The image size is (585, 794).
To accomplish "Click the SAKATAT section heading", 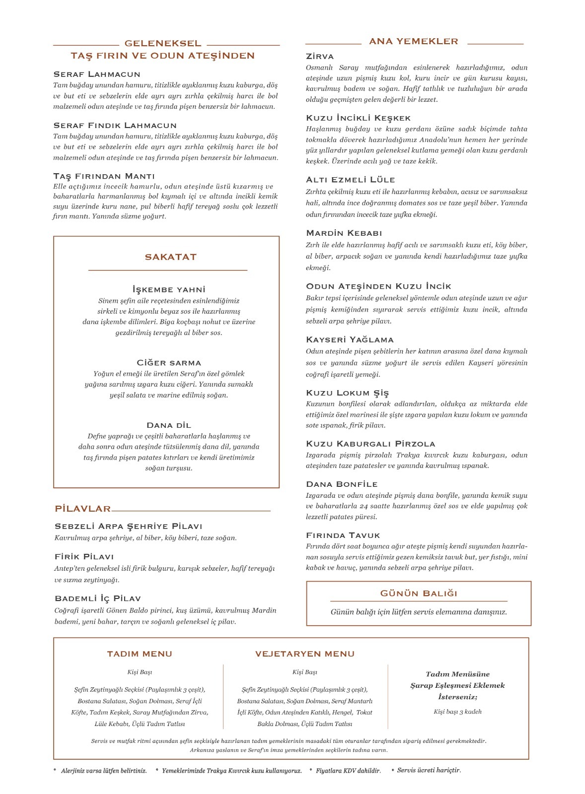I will [x=170, y=257].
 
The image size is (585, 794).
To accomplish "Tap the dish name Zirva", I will [x=320, y=57].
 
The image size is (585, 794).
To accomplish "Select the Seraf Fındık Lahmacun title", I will [x=115, y=126].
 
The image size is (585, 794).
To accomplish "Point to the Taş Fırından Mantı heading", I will [x=104, y=176].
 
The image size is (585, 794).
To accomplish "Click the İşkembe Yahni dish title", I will [x=169, y=289].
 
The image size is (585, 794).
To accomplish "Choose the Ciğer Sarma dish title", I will [x=169, y=363].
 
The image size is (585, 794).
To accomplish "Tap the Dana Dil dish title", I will [x=169, y=425].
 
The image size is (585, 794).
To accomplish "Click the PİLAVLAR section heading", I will [x=82, y=509].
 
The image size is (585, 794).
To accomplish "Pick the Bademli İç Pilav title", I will [x=97, y=598].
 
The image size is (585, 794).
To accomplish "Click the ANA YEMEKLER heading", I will [x=413, y=42].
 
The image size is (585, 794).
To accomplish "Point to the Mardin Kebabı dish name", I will [x=344, y=233].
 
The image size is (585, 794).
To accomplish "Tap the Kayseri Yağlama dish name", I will [x=350, y=340].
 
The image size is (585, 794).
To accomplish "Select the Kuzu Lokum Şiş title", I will [x=347, y=393].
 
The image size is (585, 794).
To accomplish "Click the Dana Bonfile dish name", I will [x=342, y=484].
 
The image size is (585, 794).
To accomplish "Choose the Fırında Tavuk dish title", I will [x=343, y=535].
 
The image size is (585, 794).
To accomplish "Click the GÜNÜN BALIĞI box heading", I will [x=419, y=594].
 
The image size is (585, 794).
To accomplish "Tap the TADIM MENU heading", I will [x=140, y=654].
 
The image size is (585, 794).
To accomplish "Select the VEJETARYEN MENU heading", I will [x=304, y=654].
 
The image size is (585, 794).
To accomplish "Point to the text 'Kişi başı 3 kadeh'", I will [x=457, y=712].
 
